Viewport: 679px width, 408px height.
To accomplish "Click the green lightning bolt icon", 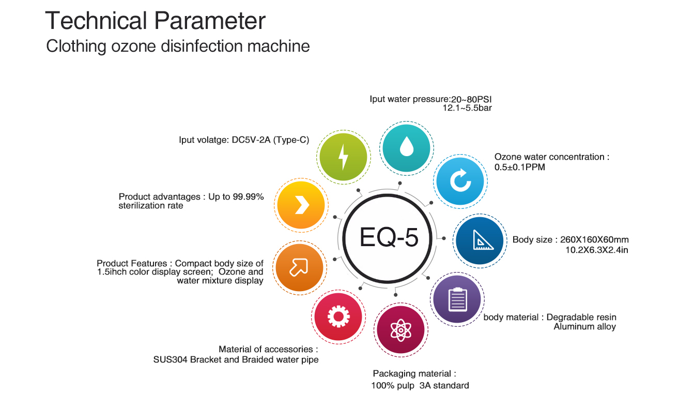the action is point(344,157).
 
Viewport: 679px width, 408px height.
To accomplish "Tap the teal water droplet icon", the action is point(407,148).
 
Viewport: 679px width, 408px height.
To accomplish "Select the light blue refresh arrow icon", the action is point(460,181).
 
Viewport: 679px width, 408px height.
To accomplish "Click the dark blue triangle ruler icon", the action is point(480,240).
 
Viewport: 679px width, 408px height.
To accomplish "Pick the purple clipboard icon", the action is point(457,299).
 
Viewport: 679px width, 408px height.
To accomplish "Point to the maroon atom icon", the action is point(400,330).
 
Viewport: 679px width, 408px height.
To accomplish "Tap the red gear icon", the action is point(338,316).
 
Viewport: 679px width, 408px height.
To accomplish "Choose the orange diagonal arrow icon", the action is point(300,267).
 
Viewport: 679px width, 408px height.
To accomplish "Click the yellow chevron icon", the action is point(301,205).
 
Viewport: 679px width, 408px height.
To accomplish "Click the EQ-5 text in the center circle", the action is point(389,237).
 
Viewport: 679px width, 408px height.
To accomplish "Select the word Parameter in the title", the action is point(210,21).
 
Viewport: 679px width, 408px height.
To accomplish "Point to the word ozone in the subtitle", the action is point(133,47).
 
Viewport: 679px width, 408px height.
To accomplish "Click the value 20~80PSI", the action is point(471,99).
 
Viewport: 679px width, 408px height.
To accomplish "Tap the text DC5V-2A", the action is point(251,140).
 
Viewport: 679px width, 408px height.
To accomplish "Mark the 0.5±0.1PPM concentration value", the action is point(519,167).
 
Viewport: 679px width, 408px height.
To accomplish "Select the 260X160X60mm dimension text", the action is point(594,239).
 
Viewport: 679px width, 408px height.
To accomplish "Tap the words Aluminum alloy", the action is point(585,327).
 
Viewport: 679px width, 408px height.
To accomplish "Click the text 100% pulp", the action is point(393,386).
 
